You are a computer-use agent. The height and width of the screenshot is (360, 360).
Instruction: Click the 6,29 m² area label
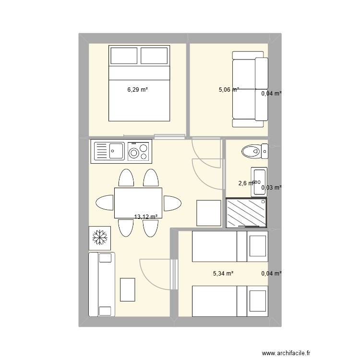click(x=137, y=89)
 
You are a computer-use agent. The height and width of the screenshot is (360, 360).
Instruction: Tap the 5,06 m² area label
click(x=229, y=89)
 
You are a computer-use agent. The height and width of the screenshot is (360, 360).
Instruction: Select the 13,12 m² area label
click(x=146, y=216)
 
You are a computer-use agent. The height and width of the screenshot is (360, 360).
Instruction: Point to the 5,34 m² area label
click(x=223, y=274)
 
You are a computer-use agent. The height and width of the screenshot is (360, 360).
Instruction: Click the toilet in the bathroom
click(x=253, y=152)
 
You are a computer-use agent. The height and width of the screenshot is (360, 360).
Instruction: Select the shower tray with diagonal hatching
click(x=246, y=212)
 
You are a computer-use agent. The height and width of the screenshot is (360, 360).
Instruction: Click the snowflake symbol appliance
click(x=100, y=237)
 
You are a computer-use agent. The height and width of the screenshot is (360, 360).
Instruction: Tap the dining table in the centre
click(x=138, y=203)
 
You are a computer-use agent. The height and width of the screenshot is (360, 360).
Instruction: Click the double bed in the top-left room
click(x=139, y=83)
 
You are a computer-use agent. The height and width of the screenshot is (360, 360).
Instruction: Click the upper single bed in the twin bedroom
click(x=229, y=246)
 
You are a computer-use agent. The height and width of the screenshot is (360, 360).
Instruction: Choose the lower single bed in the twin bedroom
click(x=229, y=301)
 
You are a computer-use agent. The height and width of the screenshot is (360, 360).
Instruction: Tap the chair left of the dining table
click(x=105, y=203)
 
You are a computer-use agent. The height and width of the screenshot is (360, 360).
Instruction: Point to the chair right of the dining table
click(x=171, y=203)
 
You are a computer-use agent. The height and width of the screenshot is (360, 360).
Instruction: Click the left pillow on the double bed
click(x=124, y=56)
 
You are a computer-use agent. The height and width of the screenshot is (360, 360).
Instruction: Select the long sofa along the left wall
click(x=102, y=284)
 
